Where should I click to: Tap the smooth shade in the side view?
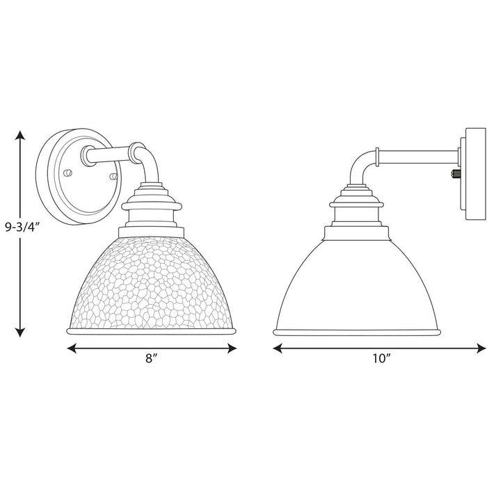[354, 285]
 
